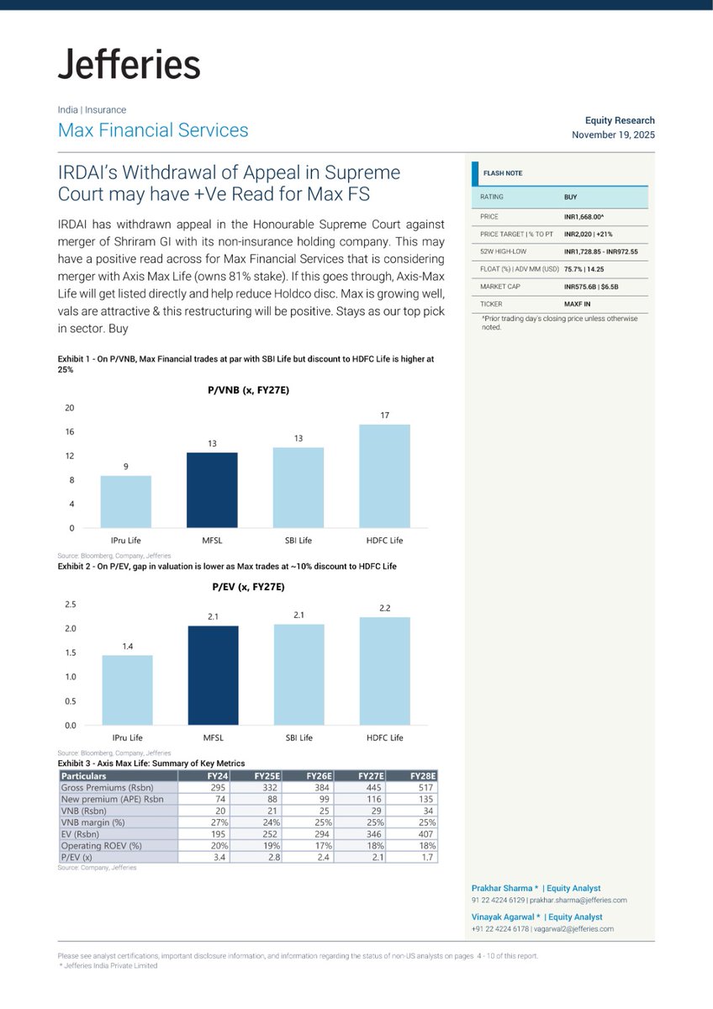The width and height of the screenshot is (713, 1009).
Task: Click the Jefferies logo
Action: pos(129,65)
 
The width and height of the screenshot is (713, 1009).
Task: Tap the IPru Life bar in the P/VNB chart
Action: pos(126,501)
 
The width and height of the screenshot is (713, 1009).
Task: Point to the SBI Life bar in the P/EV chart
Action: pos(299,674)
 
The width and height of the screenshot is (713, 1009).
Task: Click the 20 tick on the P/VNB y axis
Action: pos(70,408)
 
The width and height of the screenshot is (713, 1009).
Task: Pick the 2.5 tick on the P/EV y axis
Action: pos(71,605)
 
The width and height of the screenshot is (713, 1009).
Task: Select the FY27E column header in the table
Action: pos(367,775)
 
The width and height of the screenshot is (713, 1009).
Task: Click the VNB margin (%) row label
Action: pos(93,821)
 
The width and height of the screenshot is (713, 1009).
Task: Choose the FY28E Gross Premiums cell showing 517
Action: pos(425,787)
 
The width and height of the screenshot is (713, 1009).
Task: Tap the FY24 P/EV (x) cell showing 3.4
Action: pos(216,857)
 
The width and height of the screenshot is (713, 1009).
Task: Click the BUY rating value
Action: pos(571,197)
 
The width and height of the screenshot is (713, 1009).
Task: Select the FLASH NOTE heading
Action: pos(503,173)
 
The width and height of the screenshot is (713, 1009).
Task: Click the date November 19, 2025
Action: pos(613,135)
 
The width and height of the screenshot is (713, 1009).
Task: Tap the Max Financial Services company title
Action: pos(153,130)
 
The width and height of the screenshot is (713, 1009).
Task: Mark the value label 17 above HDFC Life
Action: pos(384,415)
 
